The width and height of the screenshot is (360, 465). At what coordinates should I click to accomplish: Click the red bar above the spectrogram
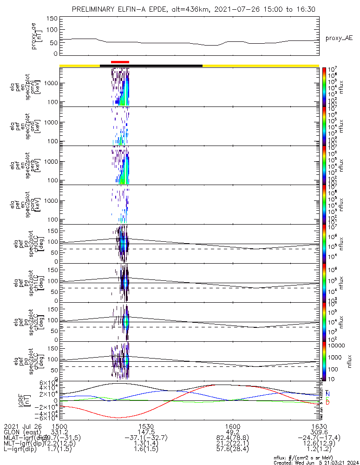pyautogui.click(x=120, y=61)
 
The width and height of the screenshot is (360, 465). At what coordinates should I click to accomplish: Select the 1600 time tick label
pyautogui.click(x=233, y=426)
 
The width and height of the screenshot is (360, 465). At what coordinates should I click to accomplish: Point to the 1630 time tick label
pyautogui.click(x=319, y=426)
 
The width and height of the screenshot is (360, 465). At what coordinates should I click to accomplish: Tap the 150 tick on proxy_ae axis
pyautogui.click(x=52, y=19)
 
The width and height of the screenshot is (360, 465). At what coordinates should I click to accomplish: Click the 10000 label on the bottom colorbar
pyautogui.click(x=337, y=346)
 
